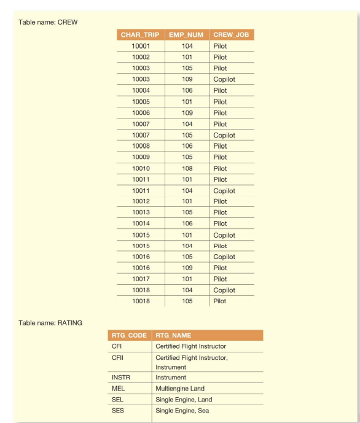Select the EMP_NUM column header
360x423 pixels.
(187, 35)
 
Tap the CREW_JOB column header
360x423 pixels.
(232, 35)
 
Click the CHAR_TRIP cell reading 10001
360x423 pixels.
(140, 46)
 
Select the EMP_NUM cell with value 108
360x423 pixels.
(187, 168)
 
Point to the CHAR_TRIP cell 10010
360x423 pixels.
(140, 168)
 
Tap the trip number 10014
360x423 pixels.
(140, 224)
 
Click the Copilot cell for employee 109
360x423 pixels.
(224, 79)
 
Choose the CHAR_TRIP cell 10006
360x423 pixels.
(140, 113)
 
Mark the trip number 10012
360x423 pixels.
(140, 201)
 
